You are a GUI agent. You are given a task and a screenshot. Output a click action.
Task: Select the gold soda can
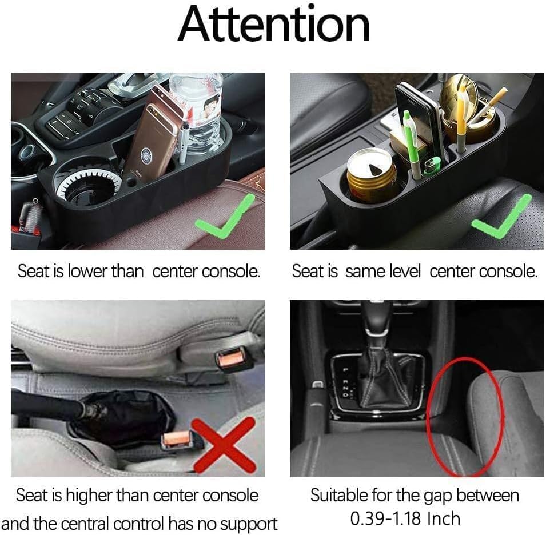[371, 174]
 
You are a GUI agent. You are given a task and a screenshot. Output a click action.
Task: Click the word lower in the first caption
[87, 272]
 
